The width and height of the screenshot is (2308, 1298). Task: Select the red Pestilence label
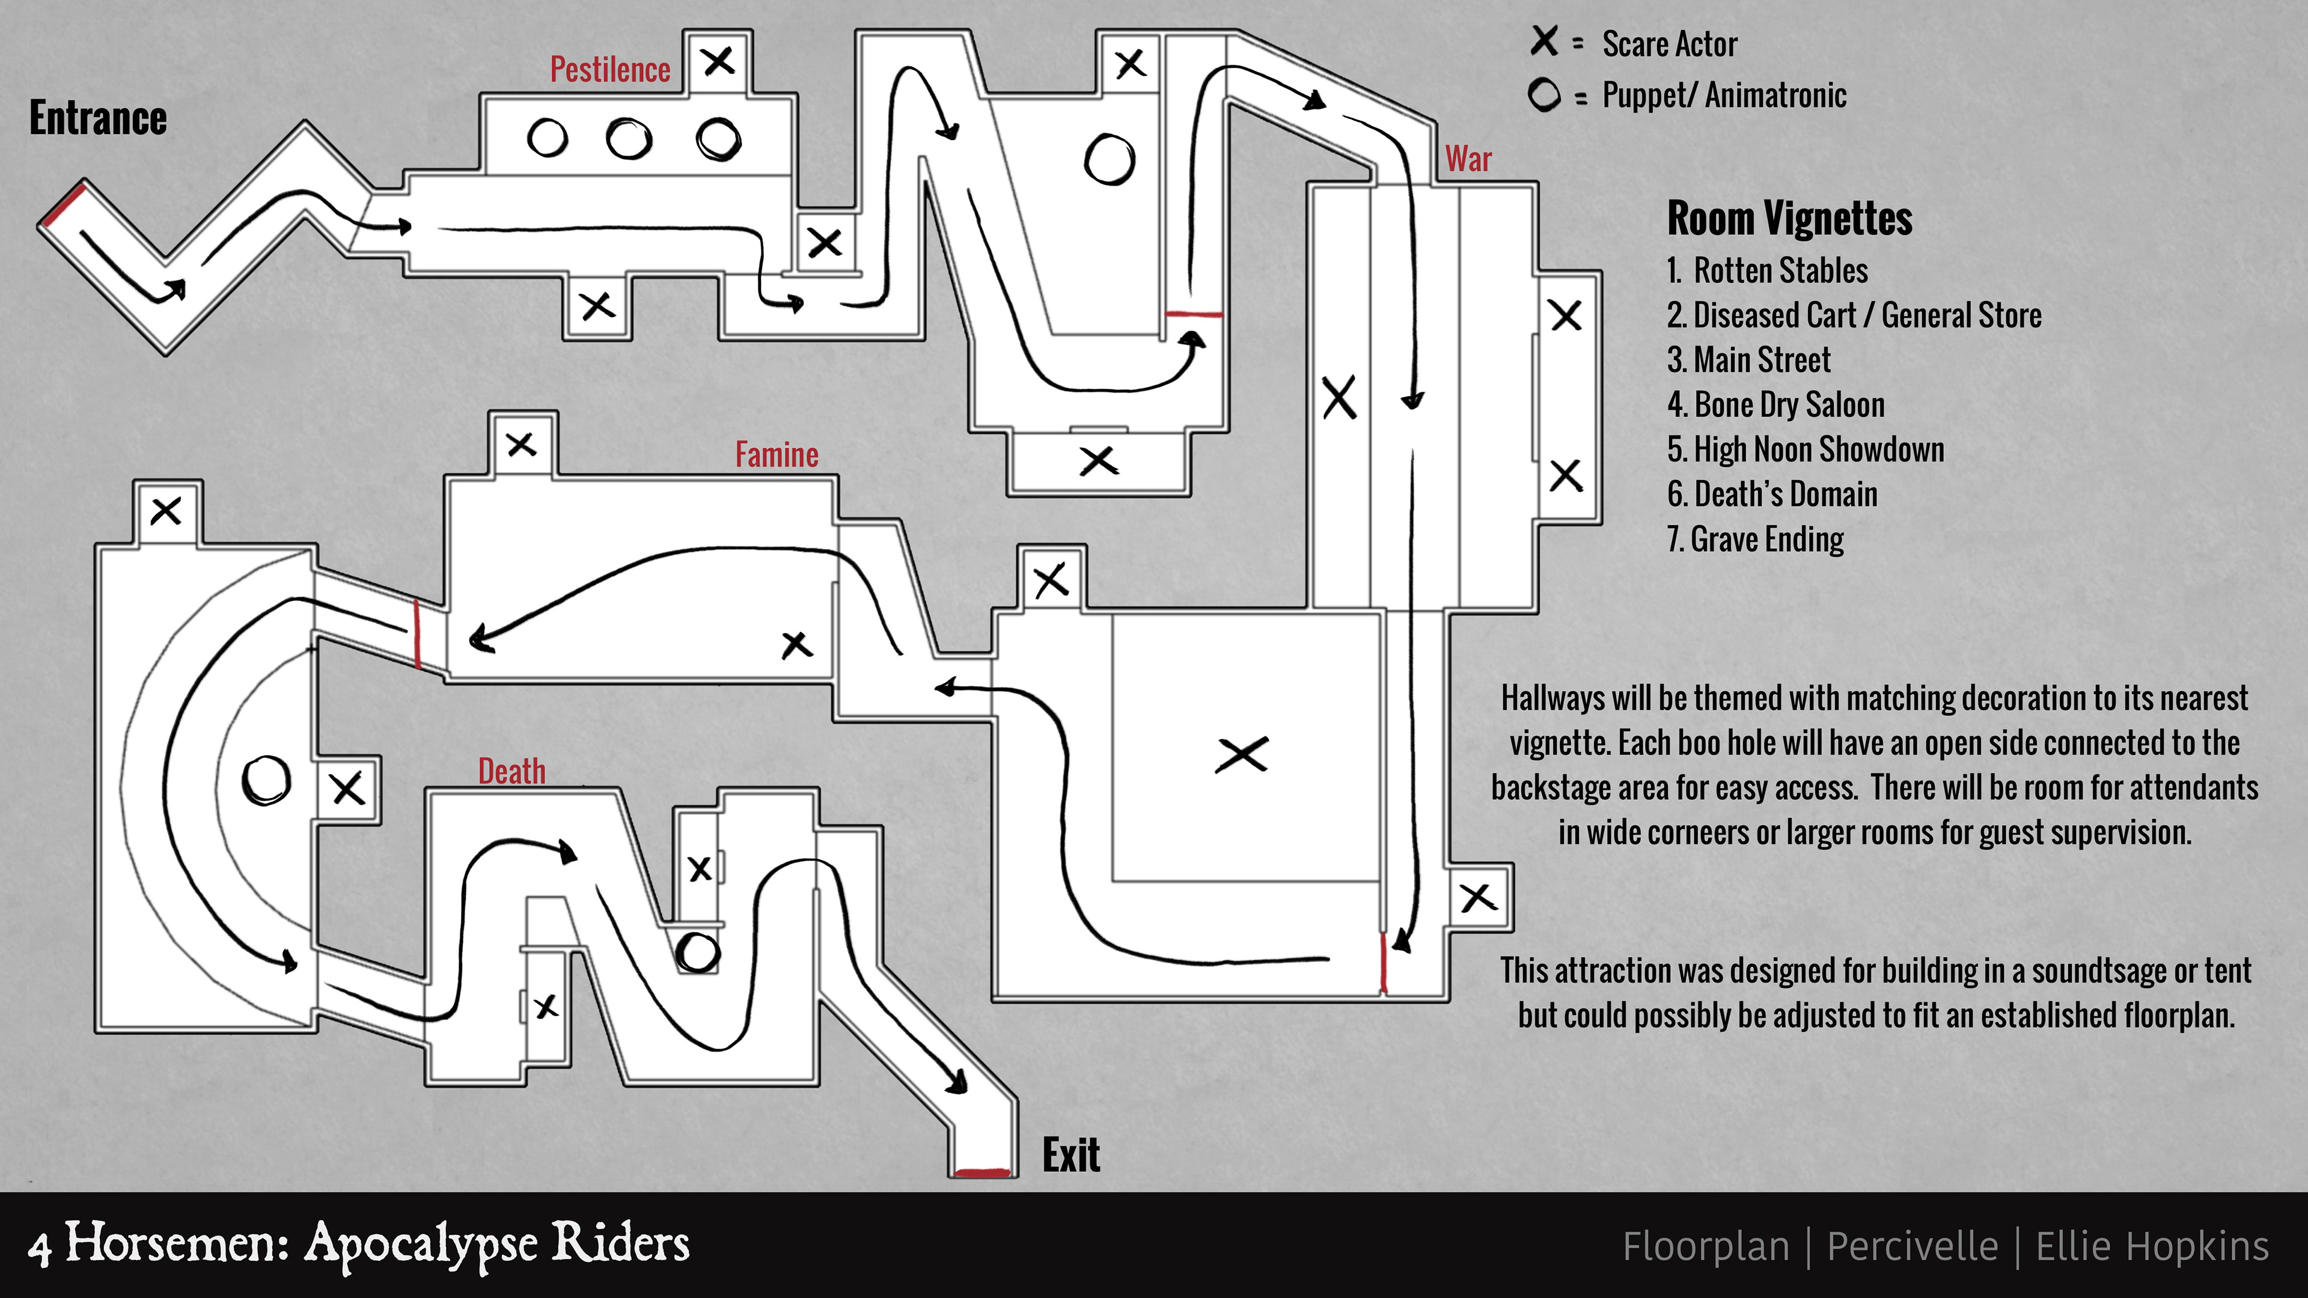tap(610, 70)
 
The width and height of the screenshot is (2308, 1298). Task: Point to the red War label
tap(1468, 159)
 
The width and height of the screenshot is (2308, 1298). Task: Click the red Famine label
tap(777, 455)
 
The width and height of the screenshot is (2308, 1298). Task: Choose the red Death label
tap(511, 771)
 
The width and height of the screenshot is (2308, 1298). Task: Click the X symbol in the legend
tap(1543, 41)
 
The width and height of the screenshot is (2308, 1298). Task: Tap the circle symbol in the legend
tap(1543, 95)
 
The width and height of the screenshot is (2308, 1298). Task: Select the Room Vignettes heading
tap(1789, 219)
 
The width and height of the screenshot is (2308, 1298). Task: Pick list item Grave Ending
tap(1755, 539)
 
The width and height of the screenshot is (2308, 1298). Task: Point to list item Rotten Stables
tap(1767, 270)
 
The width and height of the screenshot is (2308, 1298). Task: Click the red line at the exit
tap(982, 1172)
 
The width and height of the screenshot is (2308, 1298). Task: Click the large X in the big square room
tap(1242, 754)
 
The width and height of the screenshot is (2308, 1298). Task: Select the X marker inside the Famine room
tap(796, 644)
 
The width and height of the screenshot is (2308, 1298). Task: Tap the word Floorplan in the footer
tap(1706, 1246)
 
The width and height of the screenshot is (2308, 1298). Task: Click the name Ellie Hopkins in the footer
tap(2152, 1246)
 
